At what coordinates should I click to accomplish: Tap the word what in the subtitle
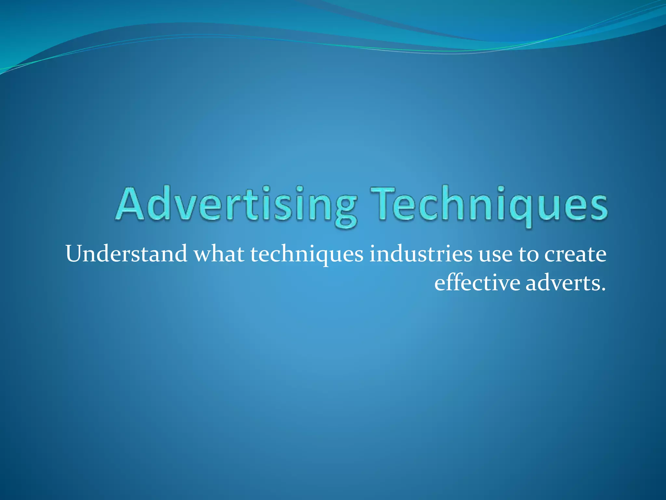pyautogui.click(x=219, y=254)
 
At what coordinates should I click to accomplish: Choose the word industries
pyautogui.click(x=421, y=254)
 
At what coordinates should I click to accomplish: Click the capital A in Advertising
pyautogui.click(x=129, y=204)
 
